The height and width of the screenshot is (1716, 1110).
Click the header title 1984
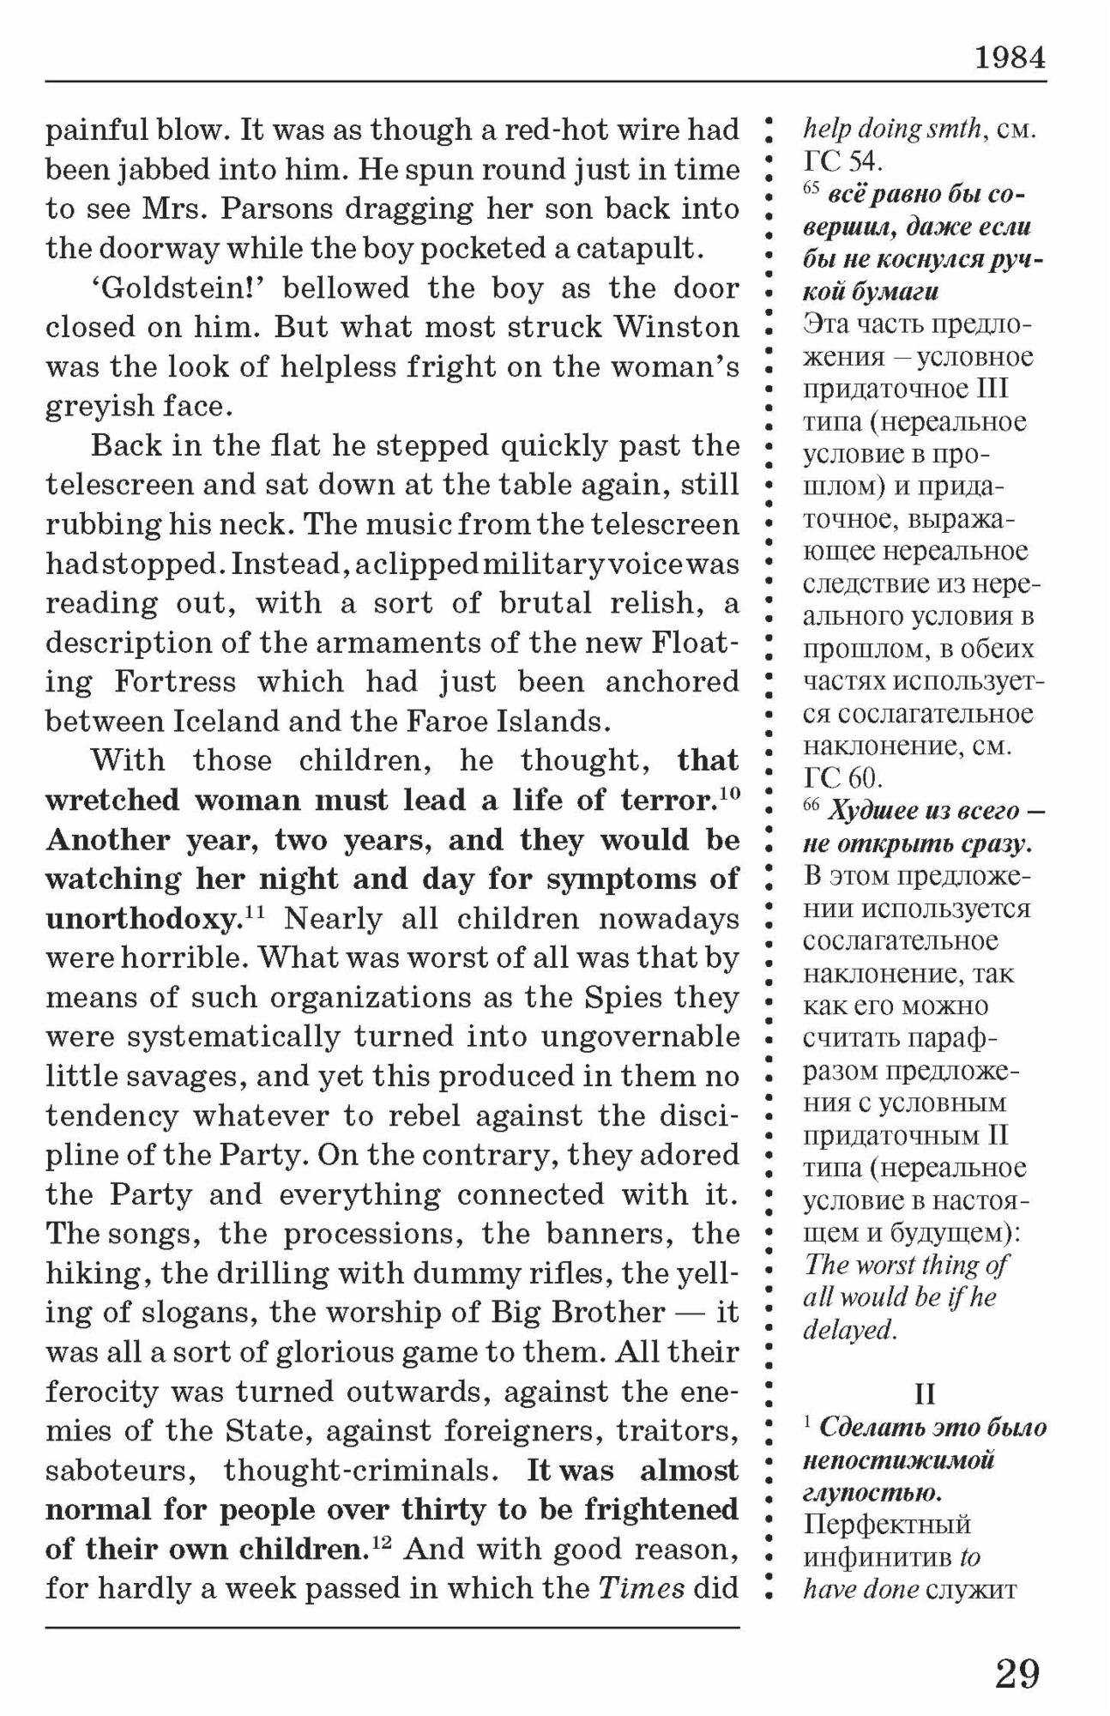(x=1010, y=58)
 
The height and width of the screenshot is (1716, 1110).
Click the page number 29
(x=1017, y=1672)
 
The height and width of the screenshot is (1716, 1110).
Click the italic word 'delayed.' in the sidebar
(x=850, y=1330)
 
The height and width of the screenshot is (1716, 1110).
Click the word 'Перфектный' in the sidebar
(x=886, y=1525)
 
